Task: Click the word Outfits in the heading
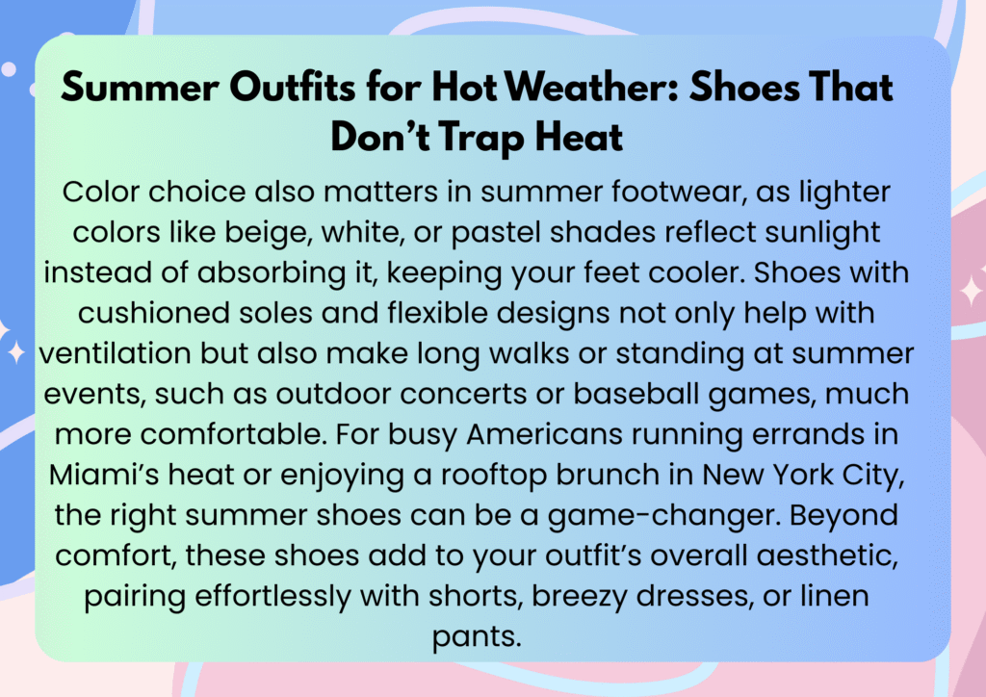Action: pyautogui.click(x=293, y=87)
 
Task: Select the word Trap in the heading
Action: pyautogui.click(x=481, y=137)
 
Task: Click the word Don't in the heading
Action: pyautogui.click(x=380, y=136)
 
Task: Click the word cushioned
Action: pyautogui.click(x=154, y=313)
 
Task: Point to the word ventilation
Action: pyautogui.click(x=116, y=353)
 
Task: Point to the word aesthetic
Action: pyautogui.click(x=827, y=556)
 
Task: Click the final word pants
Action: pyautogui.click(x=477, y=637)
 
